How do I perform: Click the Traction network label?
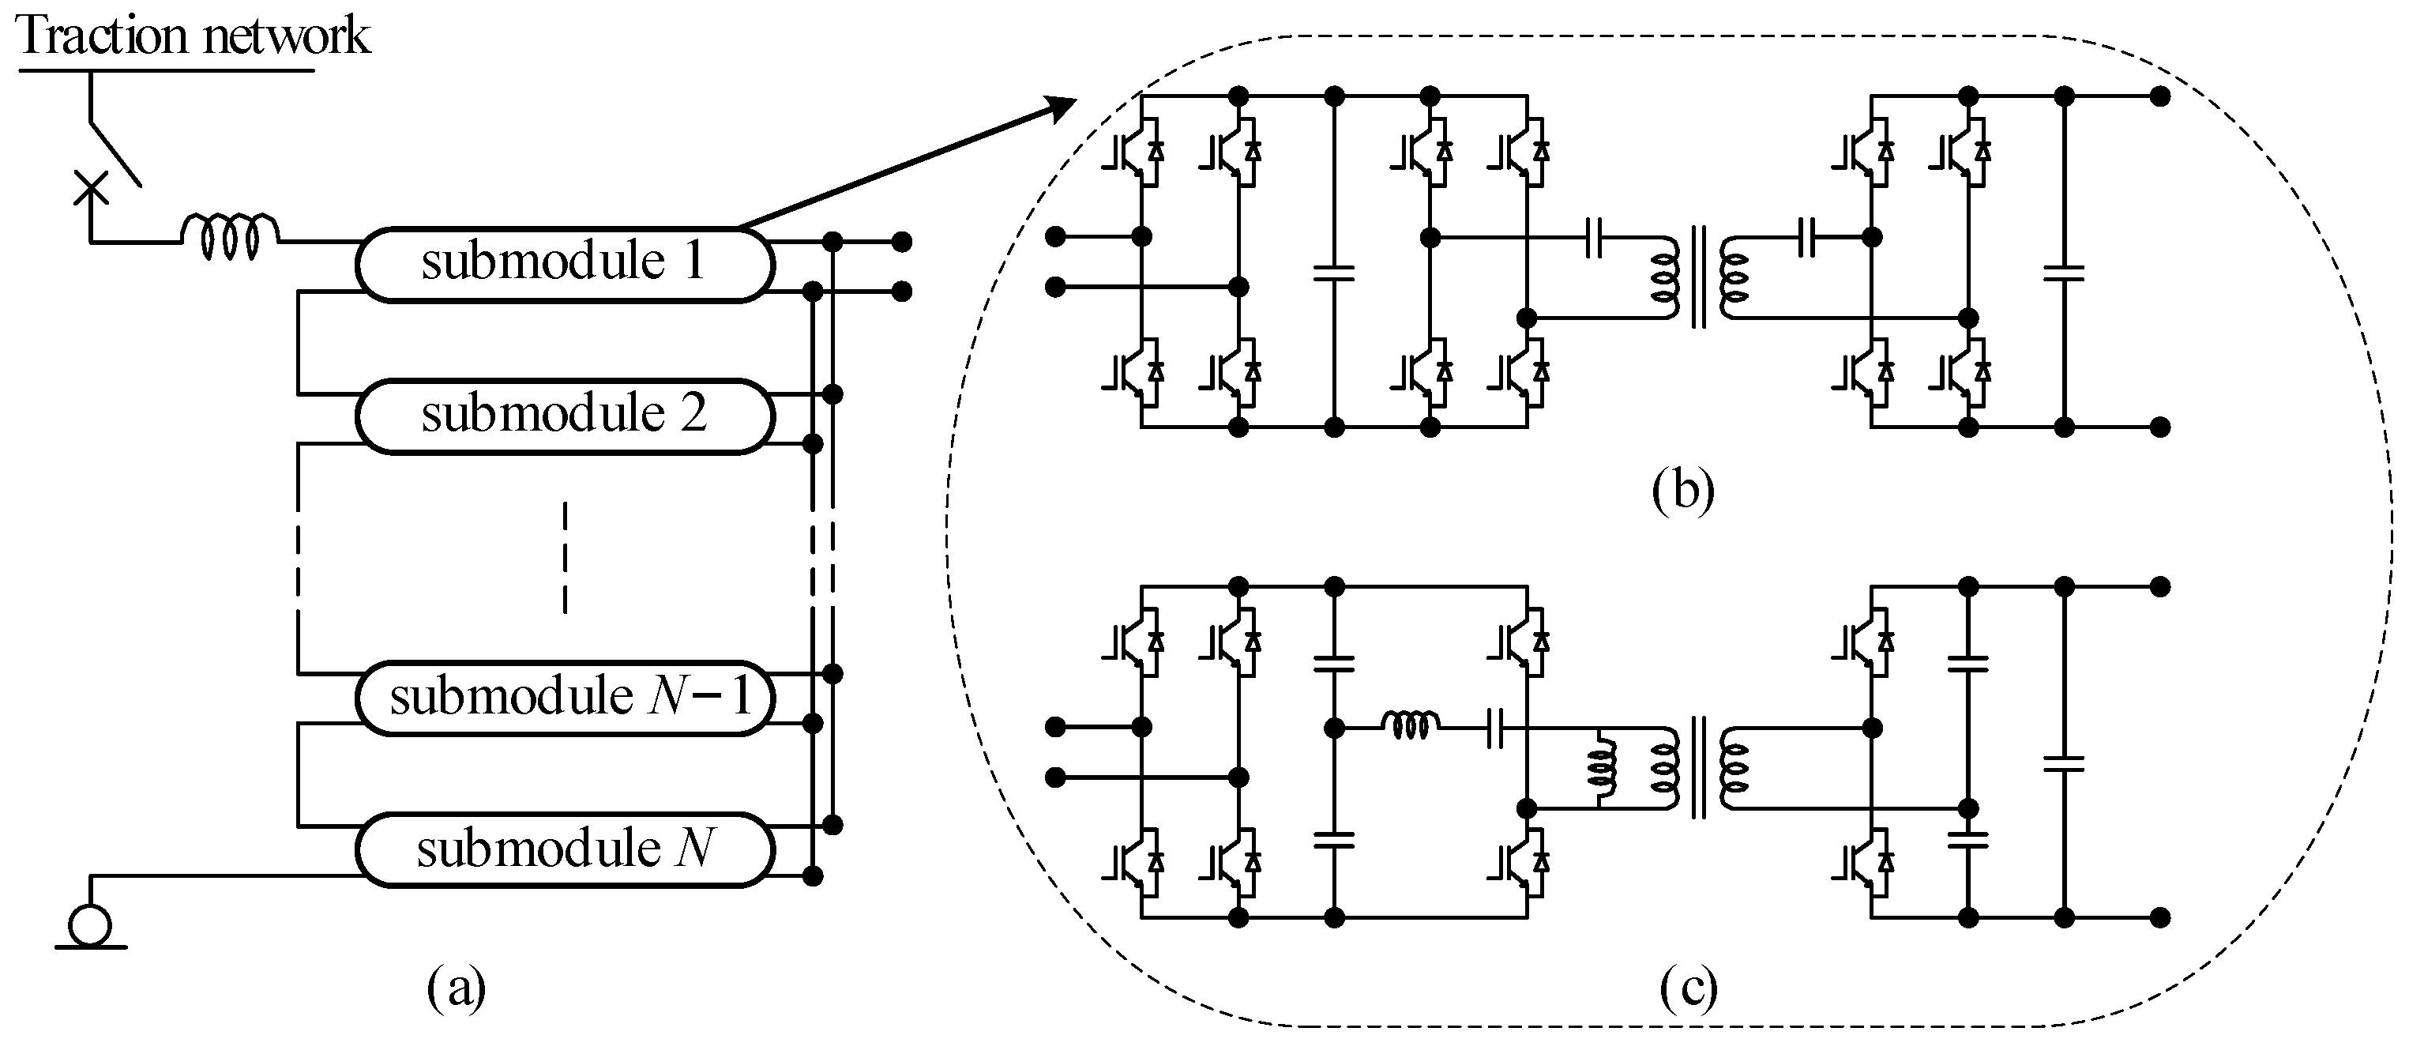pos(194,37)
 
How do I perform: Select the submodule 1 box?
pos(565,264)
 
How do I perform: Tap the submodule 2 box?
pos(565,416)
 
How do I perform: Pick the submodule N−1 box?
pos(565,698)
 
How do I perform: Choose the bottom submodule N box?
pos(565,850)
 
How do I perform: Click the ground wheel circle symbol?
pos(91,927)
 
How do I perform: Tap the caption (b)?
pos(1682,490)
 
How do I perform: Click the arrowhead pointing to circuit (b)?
pos(1061,108)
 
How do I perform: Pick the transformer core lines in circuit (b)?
pos(1698,277)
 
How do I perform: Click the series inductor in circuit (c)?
pos(1411,725)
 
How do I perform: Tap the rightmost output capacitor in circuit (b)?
pos(2064,273)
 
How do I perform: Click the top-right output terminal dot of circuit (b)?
pos(2159,96)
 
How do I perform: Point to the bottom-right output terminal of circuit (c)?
pos(2159,918)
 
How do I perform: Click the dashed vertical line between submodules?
pos(565,559)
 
